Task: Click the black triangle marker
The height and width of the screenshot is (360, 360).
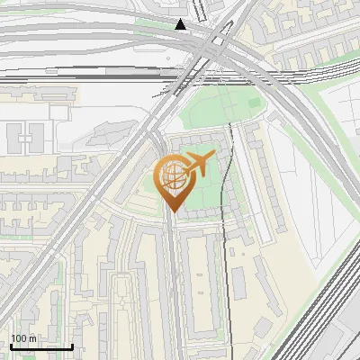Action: click(182, 24)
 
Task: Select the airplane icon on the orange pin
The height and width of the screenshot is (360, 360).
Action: click(197, 165)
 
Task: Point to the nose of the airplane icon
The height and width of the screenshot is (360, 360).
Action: click(211, 157)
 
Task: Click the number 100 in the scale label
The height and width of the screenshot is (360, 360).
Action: click(20, 338)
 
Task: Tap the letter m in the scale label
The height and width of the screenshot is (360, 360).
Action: click(32, 338)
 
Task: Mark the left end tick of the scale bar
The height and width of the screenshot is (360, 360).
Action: click(11, 346)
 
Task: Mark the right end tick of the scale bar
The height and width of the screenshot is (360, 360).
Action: click(72, 346)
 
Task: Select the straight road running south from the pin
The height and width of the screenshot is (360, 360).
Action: click(171, 288)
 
